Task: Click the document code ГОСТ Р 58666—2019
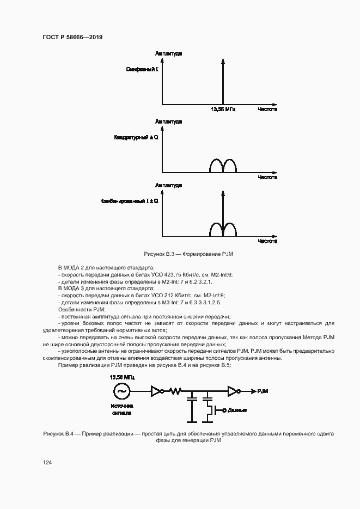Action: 72,37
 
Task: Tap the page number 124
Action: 47,462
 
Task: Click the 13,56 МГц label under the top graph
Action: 223,109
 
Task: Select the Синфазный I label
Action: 142,70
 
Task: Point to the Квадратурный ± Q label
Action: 136,138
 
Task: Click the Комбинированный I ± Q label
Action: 129,201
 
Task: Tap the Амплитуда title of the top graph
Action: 168,54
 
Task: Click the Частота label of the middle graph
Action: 267,177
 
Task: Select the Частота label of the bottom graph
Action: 267,241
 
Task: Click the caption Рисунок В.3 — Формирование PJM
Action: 181,254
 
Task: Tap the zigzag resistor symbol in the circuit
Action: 175,391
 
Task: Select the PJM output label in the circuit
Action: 261,391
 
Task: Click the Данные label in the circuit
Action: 237,410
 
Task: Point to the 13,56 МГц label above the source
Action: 121,377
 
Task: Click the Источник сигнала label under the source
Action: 121,409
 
